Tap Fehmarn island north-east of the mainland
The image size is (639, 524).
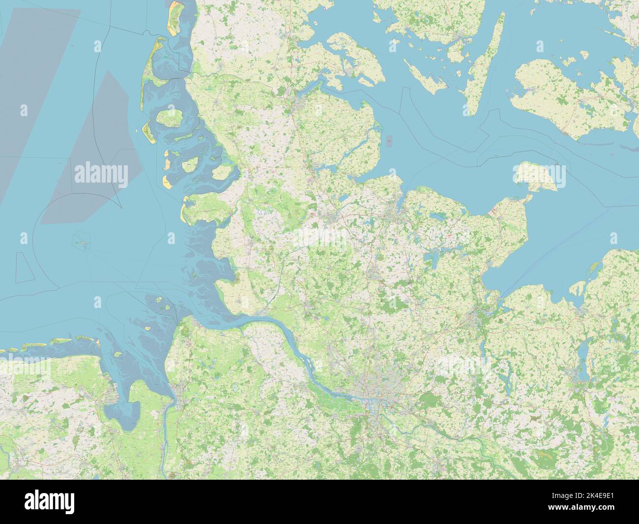[x=539, y=176]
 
